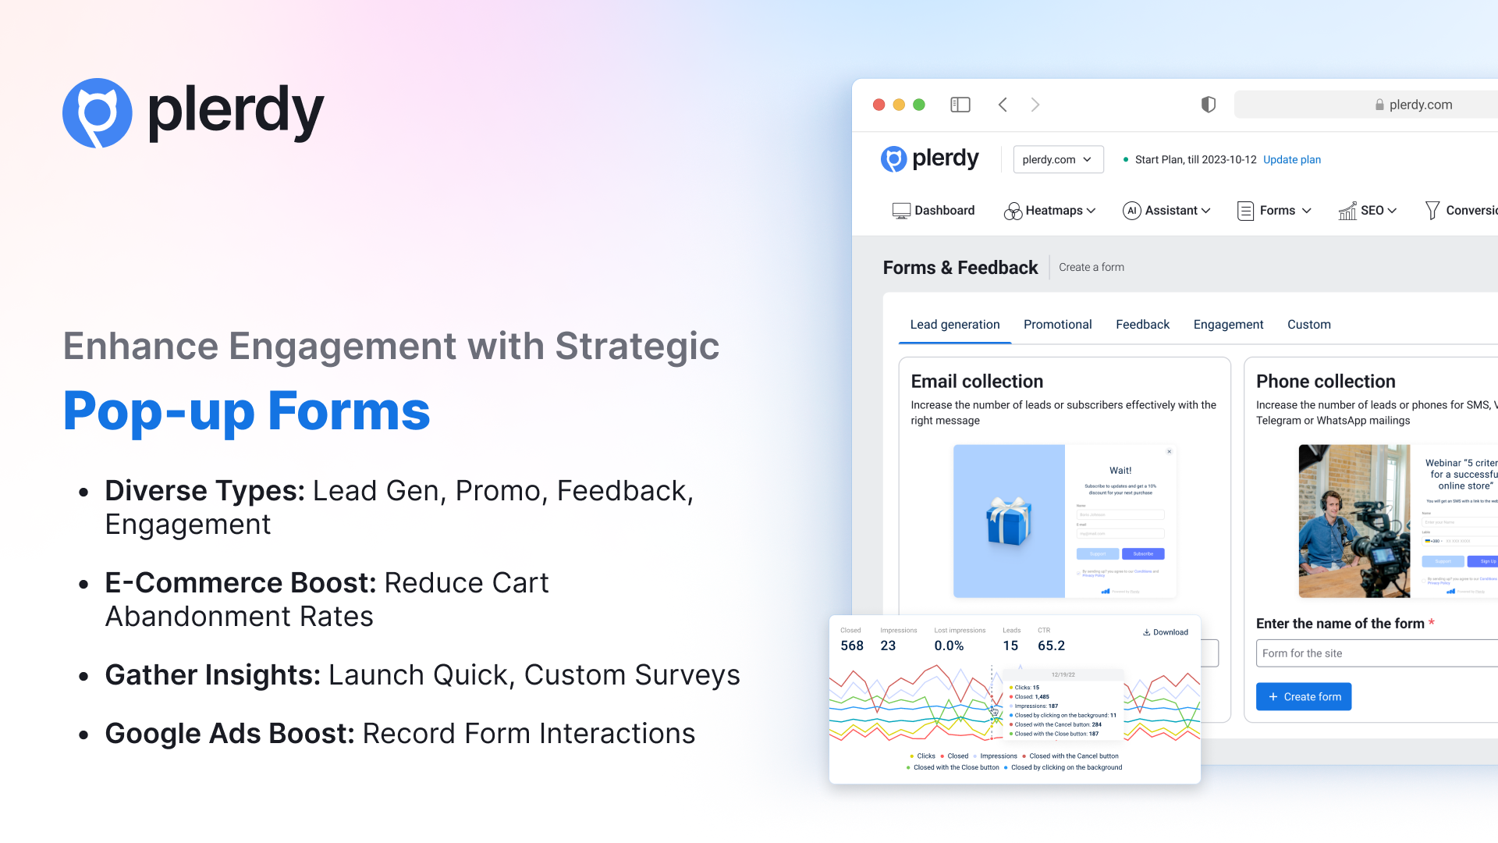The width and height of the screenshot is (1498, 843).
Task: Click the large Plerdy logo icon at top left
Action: point(98,113)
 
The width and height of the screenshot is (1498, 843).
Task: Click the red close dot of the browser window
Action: point(879,105)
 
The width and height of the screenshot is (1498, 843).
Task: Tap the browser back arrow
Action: point(1003,105)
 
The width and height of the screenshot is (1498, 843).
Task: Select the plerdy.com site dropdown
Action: point(1057,159)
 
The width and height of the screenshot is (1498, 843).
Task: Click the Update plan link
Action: point(1291,159)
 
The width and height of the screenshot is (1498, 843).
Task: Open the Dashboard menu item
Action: point(933,211)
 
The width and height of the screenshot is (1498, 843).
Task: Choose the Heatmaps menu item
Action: point(1049,211)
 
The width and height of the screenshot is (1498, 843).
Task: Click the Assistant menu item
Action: point(1166,211)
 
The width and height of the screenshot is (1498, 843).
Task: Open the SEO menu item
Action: point(1367,211)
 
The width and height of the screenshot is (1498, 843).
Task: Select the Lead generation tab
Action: point(954,325)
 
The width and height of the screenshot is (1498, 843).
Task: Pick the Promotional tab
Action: point(1057,325)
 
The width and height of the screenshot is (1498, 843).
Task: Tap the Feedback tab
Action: point(1142,325)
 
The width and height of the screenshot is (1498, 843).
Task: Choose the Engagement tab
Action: point(1228,325)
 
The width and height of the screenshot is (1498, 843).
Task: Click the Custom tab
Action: point(1308,325)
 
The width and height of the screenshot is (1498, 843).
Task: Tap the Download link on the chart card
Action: point(1166,632)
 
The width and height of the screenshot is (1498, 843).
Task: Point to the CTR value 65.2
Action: point(1051,646)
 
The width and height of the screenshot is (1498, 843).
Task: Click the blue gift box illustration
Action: point(1008,521)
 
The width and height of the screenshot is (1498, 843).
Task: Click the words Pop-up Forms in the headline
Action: point(247,411)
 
